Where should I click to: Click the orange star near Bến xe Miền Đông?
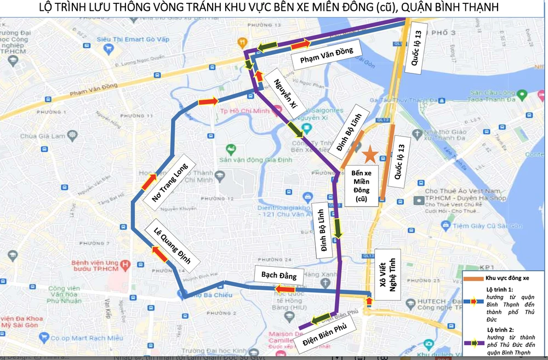(x=370, y=155)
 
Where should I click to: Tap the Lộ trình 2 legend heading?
(x=499, y=329)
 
